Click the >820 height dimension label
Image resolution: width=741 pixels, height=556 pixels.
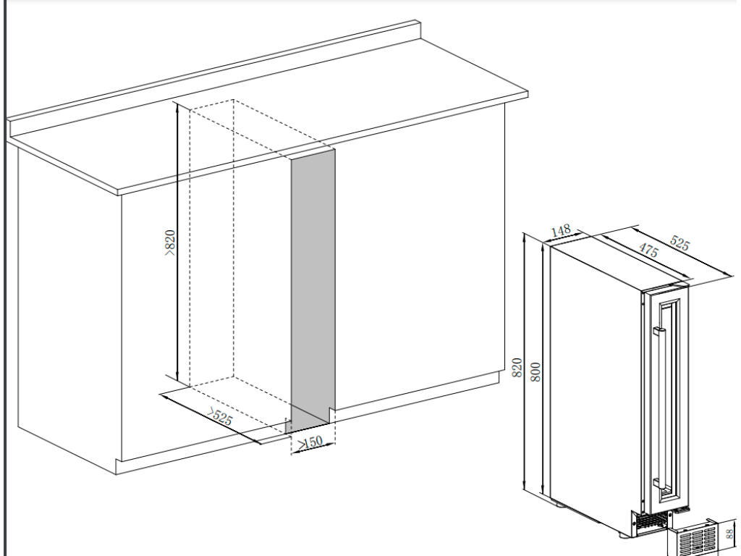170,243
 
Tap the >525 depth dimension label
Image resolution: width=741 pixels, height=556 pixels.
220,416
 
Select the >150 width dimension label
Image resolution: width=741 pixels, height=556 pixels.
310,443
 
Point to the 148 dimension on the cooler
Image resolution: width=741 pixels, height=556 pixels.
561,231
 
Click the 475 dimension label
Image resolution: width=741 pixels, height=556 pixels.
648,249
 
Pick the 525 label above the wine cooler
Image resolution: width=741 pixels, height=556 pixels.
679,243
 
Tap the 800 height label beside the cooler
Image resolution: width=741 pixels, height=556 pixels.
535,373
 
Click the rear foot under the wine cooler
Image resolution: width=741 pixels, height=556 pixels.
559,505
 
